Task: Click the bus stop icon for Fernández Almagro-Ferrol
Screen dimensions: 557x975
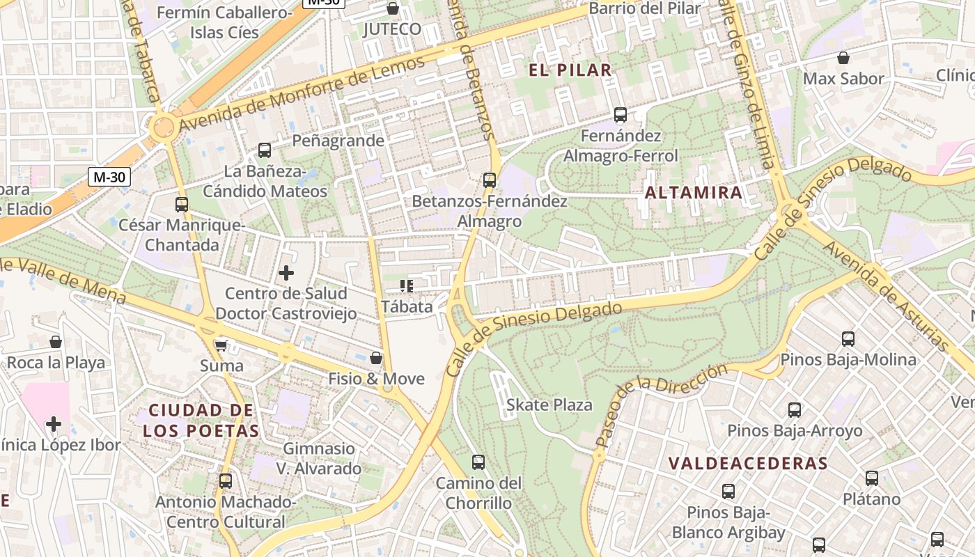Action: (620, 115)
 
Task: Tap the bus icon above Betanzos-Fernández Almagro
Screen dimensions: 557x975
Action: (490, 180)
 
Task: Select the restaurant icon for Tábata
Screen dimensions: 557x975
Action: (407, 285)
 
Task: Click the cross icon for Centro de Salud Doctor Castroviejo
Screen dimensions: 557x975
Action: (286, 273)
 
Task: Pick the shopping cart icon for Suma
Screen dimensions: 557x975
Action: (221, 345)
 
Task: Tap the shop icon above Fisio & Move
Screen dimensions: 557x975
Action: (376, 358)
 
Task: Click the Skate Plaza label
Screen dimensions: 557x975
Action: (549, 405)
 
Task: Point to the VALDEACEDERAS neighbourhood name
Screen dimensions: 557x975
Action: (748, 464)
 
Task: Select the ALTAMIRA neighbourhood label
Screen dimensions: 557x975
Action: (694, 193)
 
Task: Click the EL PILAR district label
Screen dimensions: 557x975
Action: (570, 70)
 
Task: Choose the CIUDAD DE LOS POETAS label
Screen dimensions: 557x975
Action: (201, 421)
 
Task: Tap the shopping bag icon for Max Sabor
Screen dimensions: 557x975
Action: (843, 58)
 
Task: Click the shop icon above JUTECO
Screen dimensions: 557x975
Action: (393, 8)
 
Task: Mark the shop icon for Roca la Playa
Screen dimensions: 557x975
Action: (56, 342)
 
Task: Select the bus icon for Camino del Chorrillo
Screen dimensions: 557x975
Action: (478, 462)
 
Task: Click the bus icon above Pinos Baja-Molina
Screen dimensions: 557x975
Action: (848, 339)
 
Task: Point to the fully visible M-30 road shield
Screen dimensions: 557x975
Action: (109, 177)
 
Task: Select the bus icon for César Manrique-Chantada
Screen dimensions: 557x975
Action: (181, 205)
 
